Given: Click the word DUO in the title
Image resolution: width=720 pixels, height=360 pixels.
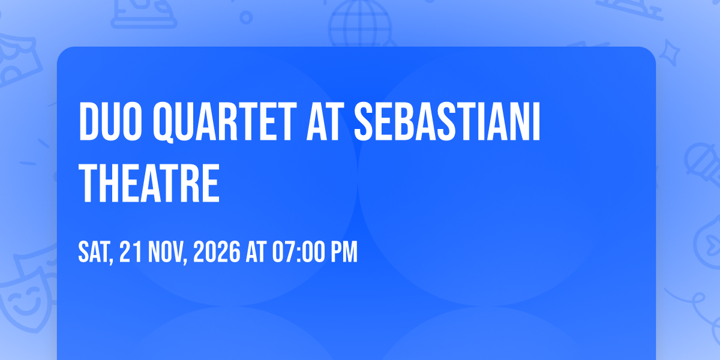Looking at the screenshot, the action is tap(110, 121).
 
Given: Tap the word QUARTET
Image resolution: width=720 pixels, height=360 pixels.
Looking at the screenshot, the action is tap(224, 122).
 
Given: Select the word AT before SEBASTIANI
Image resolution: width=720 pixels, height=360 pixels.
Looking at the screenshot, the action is tap(323, 121).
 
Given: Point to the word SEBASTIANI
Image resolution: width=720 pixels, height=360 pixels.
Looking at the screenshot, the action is tap(447, 121).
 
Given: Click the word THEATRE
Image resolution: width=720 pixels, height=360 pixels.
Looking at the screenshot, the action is tap(149, 182).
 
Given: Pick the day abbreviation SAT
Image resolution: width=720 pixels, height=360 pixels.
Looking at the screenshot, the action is tap(94, 252).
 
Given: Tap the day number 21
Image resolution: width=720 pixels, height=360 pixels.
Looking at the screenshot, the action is tap(130, 252).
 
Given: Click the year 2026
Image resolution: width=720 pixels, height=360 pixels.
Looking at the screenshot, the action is tap(217, 252).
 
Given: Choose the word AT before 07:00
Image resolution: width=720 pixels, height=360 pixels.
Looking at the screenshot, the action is tap(256, 252).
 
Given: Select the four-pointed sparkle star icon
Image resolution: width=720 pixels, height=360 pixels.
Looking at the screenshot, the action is tap(669, 53).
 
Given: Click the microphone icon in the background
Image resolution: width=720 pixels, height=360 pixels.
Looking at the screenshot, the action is tap(703, 164).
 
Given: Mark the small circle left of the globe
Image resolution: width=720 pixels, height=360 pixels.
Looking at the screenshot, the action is tap(246, 17).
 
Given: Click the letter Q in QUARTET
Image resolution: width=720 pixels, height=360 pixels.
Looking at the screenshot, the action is tap(163, 122).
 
